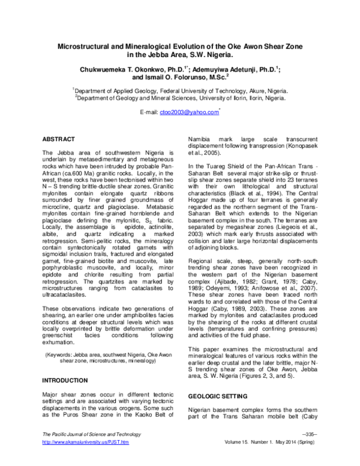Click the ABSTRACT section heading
click(59, 138)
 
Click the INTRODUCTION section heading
click(67, 381)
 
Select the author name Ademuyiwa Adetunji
click(226, 69)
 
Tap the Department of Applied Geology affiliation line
click(179, 91)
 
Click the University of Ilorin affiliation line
click(179, 99)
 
